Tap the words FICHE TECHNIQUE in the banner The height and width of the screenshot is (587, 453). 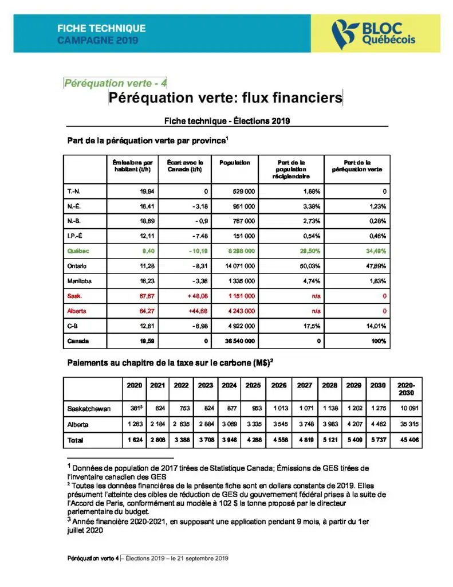pyautogui.click(x=101, y=28)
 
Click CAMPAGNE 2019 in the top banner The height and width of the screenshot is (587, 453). pyautogui.click(x=98, y=41)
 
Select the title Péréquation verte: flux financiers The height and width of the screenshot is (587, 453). pyautogui.click(x=226, y=98)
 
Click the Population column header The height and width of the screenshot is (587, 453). pyautogui.click(x=235, y=163)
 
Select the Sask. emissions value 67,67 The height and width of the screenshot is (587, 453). pyautogui.click(x=143, y=296)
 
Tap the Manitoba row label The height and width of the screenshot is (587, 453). pyautogui.click(x=81, y=281)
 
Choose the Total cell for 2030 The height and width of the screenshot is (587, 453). pyautogui.click(x=377, y=440)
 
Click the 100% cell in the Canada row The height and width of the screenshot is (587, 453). pyautogui.click(x=379, y=341)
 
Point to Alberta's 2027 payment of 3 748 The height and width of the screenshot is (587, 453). pyautogui.click(x=305, y=425)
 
